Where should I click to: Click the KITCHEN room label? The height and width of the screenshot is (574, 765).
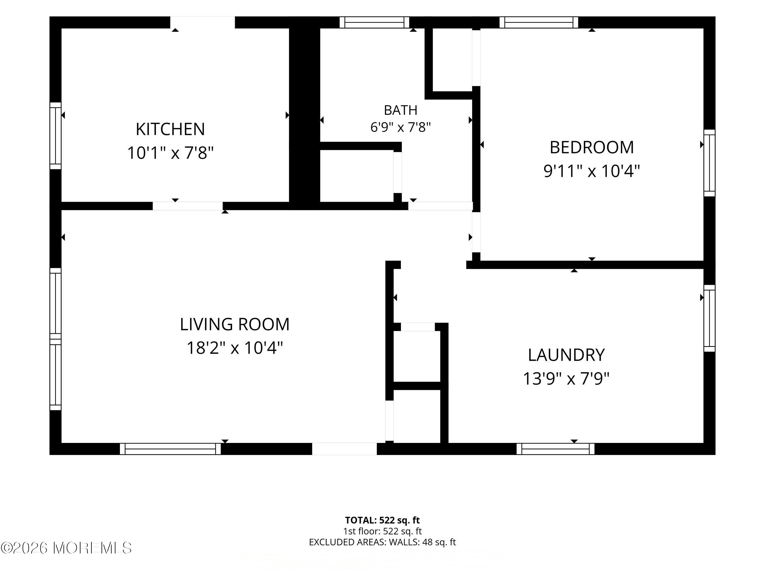click(x=170, y=129)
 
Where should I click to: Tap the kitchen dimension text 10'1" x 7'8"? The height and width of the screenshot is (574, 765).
click(x=170, y=152)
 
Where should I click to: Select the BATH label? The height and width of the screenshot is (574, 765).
click(x=401, y=110)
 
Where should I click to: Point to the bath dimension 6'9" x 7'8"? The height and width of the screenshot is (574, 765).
click(x=401, y=127)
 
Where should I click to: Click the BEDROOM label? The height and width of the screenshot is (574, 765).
click(x=592, y=147)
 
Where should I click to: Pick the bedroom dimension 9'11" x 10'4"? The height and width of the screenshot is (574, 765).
click(x=592, y=171)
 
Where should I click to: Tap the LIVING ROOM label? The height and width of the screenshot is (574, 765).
click(x=234, y=324)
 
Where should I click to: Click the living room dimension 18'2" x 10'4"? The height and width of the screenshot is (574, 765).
click(x=235, y=348)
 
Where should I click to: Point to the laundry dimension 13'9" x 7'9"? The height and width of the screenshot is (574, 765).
click(x=566, y=378)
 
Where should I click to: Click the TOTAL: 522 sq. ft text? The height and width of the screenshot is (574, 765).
click(x=382, y=520)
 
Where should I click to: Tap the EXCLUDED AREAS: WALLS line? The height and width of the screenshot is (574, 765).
click(x=382, y=542)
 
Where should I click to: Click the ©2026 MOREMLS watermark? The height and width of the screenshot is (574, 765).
click(x=66, y=548)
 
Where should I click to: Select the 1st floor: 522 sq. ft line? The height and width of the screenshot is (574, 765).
click(x=382, y=531)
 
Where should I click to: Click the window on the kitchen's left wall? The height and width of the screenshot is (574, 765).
click(x=55, y=136)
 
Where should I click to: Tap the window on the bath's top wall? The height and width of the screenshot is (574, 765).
click(x=374, y=22)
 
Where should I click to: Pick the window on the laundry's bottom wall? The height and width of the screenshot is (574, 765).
click(x=555, y=449)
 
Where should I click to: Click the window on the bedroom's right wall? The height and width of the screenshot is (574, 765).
click(x=709, y=163)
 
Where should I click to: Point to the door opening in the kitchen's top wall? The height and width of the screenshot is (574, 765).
click(x=202, y=22)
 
